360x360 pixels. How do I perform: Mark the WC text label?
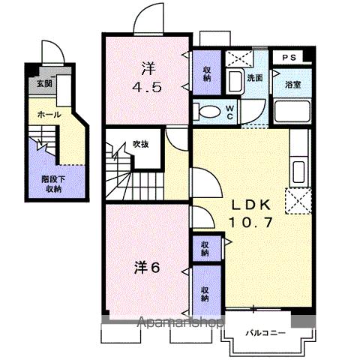tap(229, 113)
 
